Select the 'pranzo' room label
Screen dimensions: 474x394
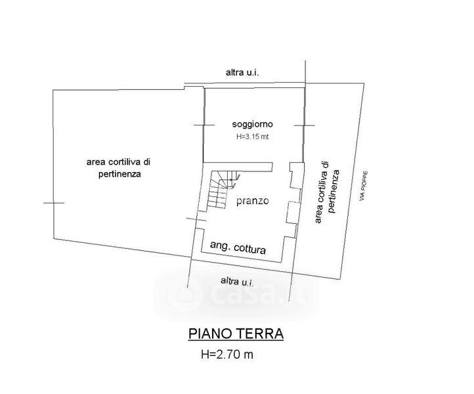pyautogui.click(x=253, y=201)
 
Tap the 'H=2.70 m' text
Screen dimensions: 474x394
pyautogui.click(x=227, y=356)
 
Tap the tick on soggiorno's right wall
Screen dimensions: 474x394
pyautogui.click(x=304, y=125)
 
